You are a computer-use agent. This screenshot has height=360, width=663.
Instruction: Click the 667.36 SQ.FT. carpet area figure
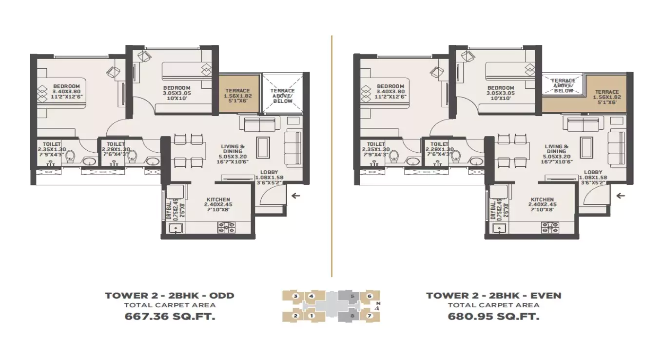(170, 316)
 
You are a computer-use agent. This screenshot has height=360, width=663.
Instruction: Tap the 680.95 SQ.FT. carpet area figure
(493, 316)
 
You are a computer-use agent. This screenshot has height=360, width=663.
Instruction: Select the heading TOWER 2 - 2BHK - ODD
(170, 296)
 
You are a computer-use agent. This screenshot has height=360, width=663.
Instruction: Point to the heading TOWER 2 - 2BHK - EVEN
(493, 296)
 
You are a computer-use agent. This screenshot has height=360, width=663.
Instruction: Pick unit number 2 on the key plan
(295, 316)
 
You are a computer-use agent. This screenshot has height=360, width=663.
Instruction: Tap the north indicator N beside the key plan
(378, 303)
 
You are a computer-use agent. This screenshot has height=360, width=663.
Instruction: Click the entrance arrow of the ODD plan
(296, 196)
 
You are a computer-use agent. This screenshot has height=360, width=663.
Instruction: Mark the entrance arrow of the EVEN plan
(620, 196)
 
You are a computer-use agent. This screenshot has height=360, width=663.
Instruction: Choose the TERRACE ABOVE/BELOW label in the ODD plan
(283, 96)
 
